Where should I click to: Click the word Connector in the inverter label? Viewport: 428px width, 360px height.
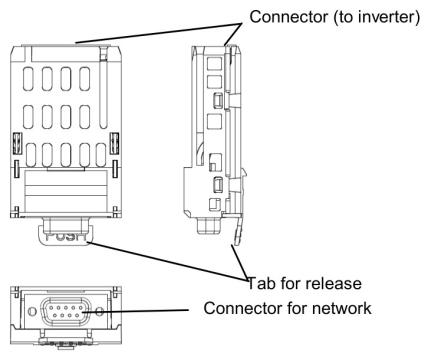289,16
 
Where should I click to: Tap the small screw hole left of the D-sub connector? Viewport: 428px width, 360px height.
32,311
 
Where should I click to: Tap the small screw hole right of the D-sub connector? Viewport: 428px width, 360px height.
99,312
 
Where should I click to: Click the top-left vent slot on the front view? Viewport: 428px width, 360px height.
28,79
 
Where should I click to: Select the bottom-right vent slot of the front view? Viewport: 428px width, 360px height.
101,155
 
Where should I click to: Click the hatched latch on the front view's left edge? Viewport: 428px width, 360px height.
17,143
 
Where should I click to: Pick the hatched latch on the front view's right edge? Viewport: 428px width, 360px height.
115,143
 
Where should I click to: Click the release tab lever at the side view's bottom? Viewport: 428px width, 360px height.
238,230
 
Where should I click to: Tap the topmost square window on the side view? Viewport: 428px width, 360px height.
214,63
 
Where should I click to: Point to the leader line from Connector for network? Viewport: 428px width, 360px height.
136,311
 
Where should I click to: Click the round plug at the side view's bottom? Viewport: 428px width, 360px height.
207,226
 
